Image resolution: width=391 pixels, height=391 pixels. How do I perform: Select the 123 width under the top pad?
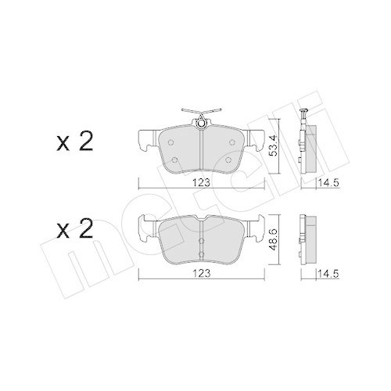tap(202, 185)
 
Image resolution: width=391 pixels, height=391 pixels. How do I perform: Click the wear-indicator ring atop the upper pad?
tap(202, 121)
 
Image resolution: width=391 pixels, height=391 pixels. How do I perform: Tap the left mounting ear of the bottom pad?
tap(145, 229)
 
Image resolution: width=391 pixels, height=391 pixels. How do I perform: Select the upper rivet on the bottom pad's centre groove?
tap(202, 226)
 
